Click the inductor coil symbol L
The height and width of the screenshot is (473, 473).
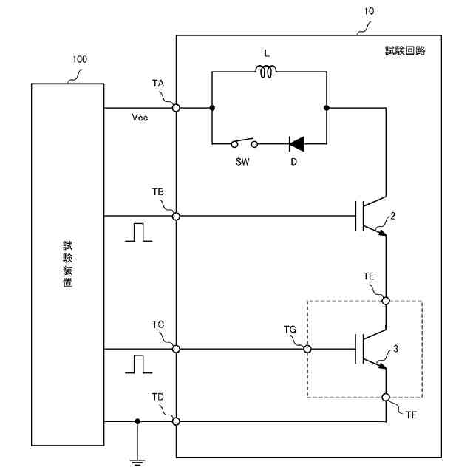pos(266,72)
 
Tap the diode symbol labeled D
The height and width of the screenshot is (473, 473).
pos(296,144)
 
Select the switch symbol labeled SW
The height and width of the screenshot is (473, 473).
pos(245,143)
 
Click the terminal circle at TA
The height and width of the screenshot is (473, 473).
pos(176,108)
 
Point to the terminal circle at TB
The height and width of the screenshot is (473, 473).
pos(176,216)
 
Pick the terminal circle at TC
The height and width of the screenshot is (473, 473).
pos(176,349)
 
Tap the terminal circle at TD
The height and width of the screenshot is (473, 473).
pos(176,421)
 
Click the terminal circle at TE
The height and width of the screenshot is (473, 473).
pos(386,301)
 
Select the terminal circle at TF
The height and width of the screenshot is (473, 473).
pos(386,398)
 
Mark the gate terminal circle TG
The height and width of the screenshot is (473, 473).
pos(307,349)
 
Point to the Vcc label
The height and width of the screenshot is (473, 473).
pos(140,117)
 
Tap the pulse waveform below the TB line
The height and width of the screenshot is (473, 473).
pos(139,232)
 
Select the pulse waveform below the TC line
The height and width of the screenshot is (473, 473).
pos(139,364)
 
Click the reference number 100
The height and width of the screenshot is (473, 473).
pos(80,59)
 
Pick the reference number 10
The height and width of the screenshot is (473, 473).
pos(370,11)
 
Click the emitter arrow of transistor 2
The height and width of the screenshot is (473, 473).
pos(381,233)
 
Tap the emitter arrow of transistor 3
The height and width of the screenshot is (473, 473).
pos(381,365)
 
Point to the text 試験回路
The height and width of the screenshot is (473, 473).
pos(405,50)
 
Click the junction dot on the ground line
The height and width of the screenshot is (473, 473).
pos(137,421)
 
